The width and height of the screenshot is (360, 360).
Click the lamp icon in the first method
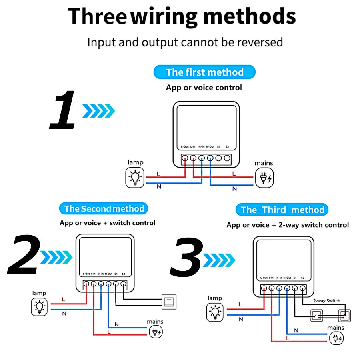(x=135, y=177)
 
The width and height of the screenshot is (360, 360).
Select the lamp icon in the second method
(x=39, y=307)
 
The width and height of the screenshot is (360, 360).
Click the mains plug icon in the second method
(x=155, y=332)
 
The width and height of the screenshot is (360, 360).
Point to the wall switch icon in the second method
(x=168, y=302)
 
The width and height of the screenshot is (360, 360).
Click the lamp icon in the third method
(x=215, y=312)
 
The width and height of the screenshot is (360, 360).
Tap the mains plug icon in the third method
(x=336, y=338)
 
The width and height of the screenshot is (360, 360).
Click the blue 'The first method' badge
(x=204, y=72)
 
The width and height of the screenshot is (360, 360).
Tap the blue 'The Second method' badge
(x=104, y=208)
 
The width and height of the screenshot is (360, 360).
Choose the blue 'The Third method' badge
(x=282, y=210)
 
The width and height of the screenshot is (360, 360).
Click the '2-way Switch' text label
(x=327, y=301)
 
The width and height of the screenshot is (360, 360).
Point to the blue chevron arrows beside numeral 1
(x=98, y=111)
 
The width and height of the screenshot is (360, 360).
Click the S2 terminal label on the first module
(x=227, y=146)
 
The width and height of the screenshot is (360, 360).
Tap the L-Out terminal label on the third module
(x=264, y=278)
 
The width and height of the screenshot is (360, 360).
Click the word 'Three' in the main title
(x=97, y=17)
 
